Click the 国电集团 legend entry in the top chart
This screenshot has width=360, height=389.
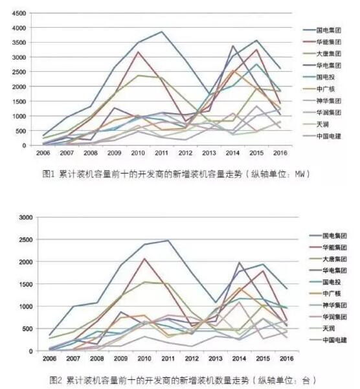coord(322,30)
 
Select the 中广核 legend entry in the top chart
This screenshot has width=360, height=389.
coord(319,89)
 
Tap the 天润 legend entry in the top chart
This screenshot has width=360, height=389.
coord(315,124)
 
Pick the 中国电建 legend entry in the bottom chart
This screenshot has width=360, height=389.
coord(328,340)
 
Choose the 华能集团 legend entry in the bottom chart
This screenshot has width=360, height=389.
coord(328,247)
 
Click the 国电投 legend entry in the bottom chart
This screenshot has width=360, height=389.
coord(325,282)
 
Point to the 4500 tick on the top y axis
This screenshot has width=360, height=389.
coord(19,14)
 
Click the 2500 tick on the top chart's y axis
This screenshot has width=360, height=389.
coord(19,72)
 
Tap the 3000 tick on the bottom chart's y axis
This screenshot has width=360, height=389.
coord(26,217)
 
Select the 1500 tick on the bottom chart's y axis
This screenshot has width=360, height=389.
coord(26,284)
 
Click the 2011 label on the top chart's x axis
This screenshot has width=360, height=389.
coord(161,153)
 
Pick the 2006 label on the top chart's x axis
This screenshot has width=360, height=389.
coord(43,153)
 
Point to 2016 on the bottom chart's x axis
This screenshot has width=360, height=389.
coord(287,359)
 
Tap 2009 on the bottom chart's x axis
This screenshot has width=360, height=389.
coord(120,359)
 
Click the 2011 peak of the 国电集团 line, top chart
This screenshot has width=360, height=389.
coord(161,32)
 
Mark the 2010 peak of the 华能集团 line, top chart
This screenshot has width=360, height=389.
coord(138,52)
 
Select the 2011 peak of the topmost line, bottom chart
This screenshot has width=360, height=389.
coord(168,240)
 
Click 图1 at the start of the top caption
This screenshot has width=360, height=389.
coord(49,174)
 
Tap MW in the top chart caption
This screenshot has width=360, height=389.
coord(299,174)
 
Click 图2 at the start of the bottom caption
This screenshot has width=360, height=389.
coord(55,379)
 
